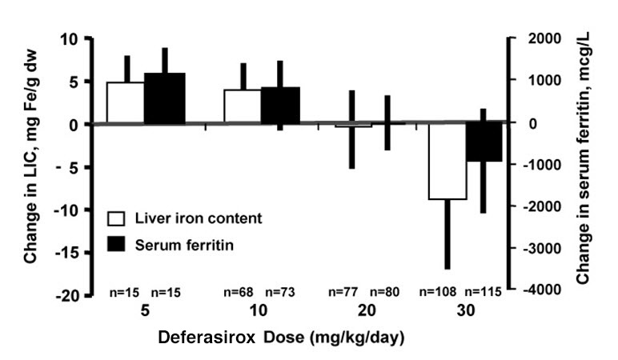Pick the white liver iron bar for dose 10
click(x=242, y=106)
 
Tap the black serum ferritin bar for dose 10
click(x=280, y=105)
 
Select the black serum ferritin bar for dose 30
click(x=484, y=142)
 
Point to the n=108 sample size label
click(x=446, y=292)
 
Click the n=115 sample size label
click(x=484, y=292)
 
